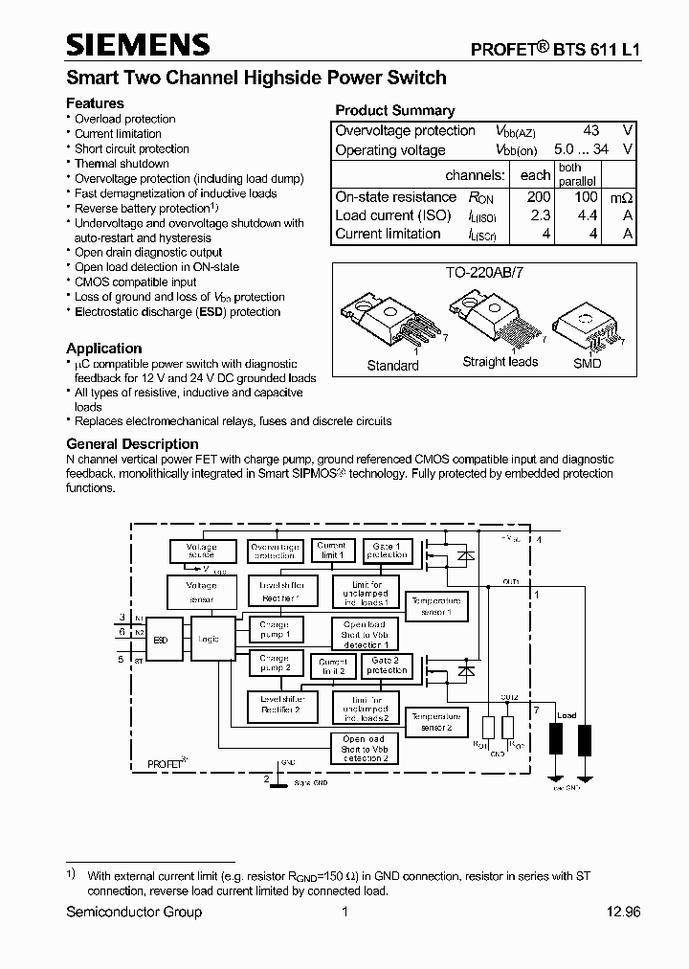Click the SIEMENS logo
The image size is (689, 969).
tap(138, 44)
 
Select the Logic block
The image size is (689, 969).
tap(207, 639)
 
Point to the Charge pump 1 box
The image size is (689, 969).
tap(275, 629)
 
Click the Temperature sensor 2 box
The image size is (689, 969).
tap(435, 721)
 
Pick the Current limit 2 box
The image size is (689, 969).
tap(332, 665)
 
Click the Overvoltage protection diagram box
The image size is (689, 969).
tap(275, 551)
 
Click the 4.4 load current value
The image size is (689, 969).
tap(582, 215)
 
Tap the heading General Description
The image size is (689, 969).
tap(132, 444)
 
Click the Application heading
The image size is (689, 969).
tap(103, 349)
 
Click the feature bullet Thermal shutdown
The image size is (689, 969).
tap(122, 164)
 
